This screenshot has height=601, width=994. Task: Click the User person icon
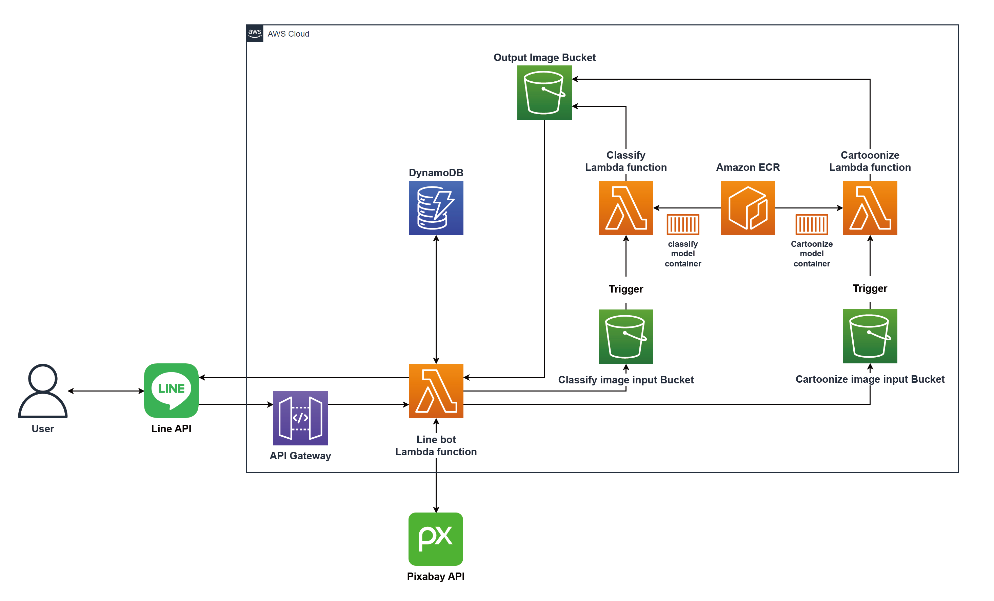coord(43,391)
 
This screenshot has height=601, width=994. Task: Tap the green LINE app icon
coord(171,390)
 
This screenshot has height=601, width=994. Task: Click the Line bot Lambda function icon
coord(436,391)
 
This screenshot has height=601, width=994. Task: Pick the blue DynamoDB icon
coord(436,208)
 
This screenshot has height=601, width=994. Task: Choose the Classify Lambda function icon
coord(626,208)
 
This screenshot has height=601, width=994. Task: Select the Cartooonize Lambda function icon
coord(870,208)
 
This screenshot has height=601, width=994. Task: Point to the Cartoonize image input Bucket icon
coord(870,336)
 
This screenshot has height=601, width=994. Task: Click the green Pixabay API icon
coord(436,539)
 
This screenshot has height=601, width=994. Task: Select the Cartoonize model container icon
coord(812,224)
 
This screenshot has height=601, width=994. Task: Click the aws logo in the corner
coord(255,33)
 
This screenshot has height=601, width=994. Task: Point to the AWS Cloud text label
coord(289,34)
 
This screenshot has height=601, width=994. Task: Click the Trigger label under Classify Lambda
coord(626,289)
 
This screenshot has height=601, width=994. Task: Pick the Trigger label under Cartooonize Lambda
coord(870,288)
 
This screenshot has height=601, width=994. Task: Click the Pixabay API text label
coord(436,576)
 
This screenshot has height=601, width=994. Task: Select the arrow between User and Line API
coord(106,391)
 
